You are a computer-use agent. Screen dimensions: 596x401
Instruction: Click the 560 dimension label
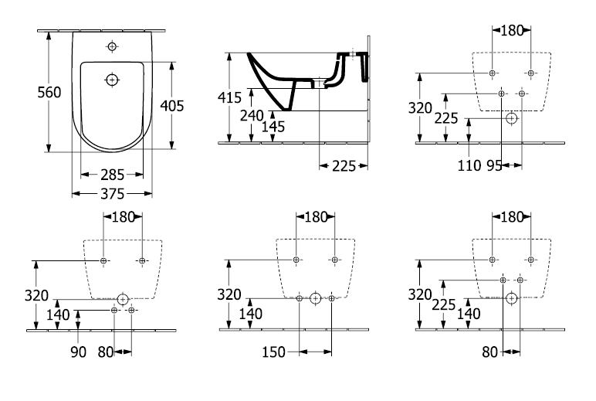click(49, 93)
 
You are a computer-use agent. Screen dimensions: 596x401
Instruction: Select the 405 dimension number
click(172, 106)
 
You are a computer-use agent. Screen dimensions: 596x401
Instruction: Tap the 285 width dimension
click(113, 175)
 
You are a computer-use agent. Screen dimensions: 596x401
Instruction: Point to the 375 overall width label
click(113, 194)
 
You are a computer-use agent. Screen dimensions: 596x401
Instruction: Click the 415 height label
click(229, 98)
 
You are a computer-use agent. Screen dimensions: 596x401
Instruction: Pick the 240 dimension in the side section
click(252, 115)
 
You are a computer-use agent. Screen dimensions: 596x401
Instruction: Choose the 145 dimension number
click(273, 127)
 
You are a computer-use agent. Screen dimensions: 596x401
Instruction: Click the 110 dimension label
click(469, 166)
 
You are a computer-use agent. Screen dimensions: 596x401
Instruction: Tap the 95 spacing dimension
click(495, 166)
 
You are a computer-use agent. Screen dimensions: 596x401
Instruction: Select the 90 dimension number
click(78, 352)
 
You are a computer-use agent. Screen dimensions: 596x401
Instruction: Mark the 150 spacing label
click(273, 352)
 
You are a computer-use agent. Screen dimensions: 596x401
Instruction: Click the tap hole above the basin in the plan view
click(112, 46)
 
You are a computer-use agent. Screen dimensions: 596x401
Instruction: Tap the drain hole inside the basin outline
click(112, 80)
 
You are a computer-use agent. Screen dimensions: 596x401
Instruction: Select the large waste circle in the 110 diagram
click(512, 119)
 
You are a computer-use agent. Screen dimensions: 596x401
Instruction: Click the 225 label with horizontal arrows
click(344, 166)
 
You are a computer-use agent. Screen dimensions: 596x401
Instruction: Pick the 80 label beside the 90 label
click(106, 352)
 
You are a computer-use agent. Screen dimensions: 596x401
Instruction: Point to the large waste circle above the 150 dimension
click(315, 298)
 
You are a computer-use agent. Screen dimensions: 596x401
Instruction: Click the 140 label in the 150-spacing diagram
click(250, 314)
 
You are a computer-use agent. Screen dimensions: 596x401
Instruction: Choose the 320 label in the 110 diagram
click(420, 108)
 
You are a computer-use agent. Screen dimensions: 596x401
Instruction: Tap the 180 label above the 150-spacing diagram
click(316, 217)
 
